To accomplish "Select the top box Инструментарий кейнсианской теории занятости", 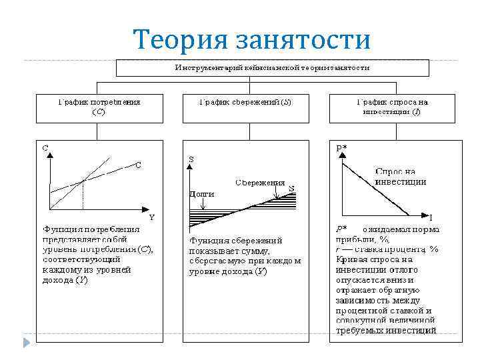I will point(272,68).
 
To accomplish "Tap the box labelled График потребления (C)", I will point(98,107).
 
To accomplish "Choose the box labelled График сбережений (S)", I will point(245,107).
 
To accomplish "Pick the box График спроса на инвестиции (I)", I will point(392,107).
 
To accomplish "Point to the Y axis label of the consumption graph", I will point(151,217).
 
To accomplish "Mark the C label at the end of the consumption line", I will point(139,165).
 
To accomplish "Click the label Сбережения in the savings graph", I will point(260,182).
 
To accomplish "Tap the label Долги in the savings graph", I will point(202,193).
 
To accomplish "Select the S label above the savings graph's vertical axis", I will point(192,159).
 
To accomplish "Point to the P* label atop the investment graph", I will point(341,148).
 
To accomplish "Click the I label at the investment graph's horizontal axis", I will point(431,217).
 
